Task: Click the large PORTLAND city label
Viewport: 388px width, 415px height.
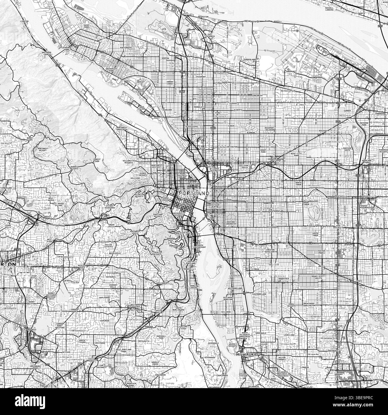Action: tap(194, 193)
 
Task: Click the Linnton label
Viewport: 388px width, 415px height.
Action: tap(24, 21)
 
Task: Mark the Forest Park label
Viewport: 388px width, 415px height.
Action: tap(97, 160)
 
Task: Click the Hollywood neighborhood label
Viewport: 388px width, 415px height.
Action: tap(276, 160)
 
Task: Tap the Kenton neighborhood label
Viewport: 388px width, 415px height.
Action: tap(165, 58)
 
